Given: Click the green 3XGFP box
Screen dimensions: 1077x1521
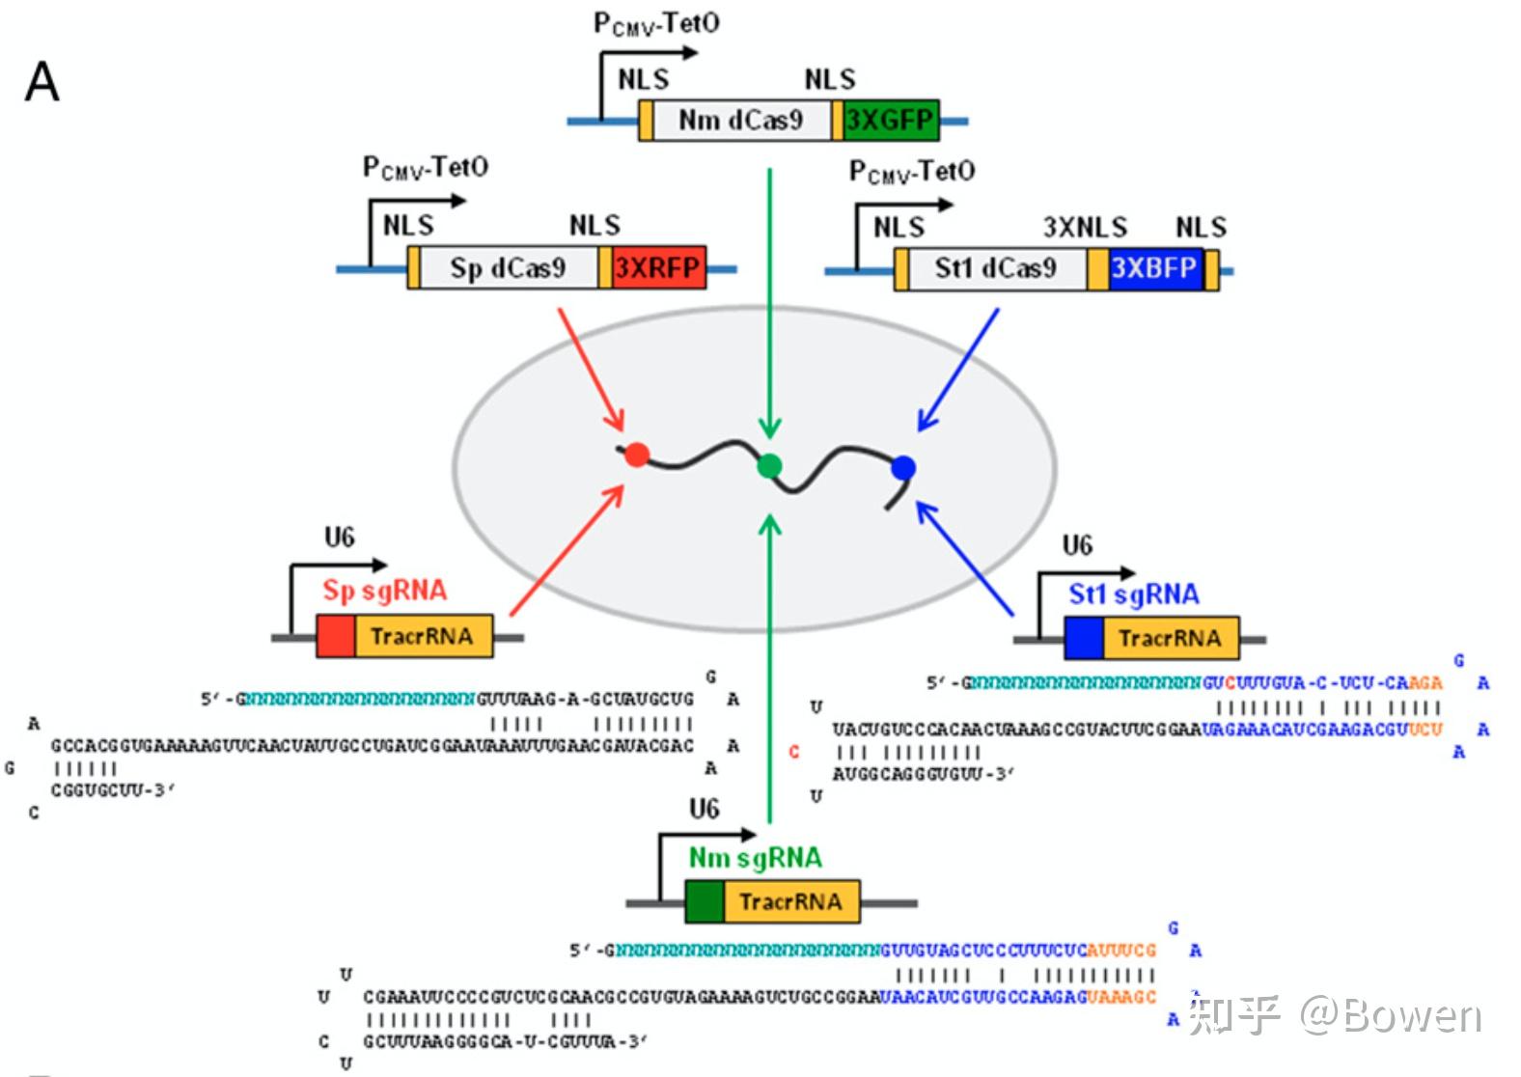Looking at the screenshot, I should tap(889, 121).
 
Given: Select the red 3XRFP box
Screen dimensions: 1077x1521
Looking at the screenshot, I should tap(657, 267).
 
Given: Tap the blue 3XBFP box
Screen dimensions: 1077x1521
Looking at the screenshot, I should tap(1154, 268).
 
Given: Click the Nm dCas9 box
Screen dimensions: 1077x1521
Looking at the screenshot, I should tap(740, 121).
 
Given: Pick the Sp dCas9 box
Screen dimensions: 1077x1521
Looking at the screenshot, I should tap(508, 267).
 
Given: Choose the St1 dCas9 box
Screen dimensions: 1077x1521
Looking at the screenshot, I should tap(995, 268).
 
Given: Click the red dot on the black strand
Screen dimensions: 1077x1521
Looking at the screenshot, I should tap(636, 454).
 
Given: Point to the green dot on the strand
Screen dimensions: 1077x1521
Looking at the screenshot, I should tap(769, 466).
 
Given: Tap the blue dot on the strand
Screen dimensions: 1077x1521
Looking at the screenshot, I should tap(903, 468).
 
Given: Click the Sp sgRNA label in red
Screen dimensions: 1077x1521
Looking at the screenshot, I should tap(384, 590).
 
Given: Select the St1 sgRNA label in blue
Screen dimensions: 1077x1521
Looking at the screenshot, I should tap(1133, 594).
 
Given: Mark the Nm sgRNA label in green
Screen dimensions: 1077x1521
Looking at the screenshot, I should tap(755, 857).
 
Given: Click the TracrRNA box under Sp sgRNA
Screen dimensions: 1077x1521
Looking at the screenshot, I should tap(423, 637).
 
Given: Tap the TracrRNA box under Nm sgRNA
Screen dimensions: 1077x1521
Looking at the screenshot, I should tap(790, 901).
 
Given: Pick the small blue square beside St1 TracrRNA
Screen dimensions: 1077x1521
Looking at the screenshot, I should tap(1083, 638).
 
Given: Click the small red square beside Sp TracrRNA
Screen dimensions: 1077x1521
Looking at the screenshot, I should tap(336, 637).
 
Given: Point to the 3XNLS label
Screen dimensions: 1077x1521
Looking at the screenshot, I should tap(1085, 228).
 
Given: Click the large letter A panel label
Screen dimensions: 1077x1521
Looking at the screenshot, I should tap(41, 82).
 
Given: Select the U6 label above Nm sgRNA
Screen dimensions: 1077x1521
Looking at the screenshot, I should tap(704, 809).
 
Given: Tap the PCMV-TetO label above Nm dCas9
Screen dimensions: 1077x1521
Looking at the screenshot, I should tap(656, 24).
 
